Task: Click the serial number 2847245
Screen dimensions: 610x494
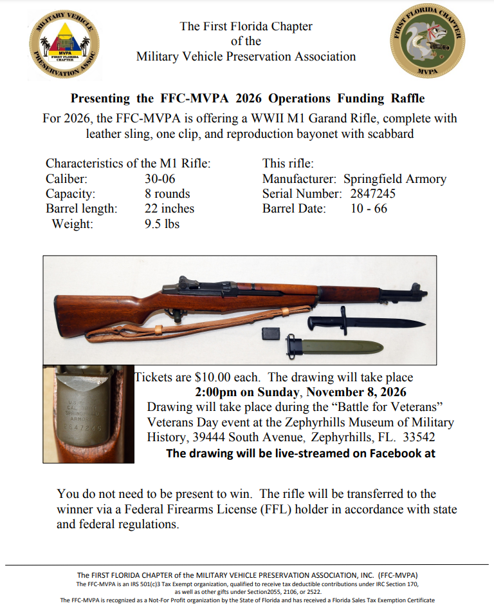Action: (373, 194)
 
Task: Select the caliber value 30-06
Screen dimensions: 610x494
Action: (160, 179)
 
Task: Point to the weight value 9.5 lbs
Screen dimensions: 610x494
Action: (162, 224)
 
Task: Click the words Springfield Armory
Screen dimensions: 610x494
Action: (395, 179)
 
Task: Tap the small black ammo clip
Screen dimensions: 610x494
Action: (271, 334)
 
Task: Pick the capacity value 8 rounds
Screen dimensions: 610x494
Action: (167, 194)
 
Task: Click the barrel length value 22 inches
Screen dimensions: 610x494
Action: (169, 209)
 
